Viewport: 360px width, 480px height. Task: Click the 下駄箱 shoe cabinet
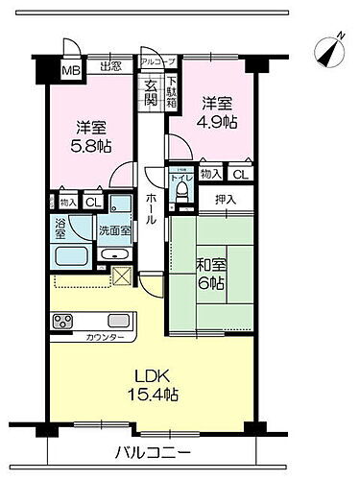click(173, 91)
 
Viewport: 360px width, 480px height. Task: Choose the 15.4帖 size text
click(144, 384)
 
